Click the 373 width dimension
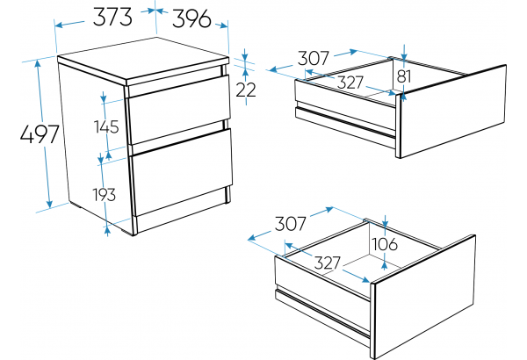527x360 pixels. coord(112,17)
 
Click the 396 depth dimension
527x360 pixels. coord(191,18)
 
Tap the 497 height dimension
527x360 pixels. coord(40,134)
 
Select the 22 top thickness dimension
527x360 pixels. coord(246,90)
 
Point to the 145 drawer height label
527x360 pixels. coord(106,127)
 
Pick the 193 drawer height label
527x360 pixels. coord(105,195)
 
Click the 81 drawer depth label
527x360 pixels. coord(404,76)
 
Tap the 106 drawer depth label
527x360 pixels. coord(385,244)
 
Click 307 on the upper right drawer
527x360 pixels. coord(313,58)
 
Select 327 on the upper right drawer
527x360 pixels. coord(350,83)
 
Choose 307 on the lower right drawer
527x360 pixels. coord(291,224)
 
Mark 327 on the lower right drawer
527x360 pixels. coord(328,263)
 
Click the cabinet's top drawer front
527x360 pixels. coord(179,109)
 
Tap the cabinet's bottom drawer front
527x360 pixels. coord(182,171)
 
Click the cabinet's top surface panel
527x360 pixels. coord(143,61)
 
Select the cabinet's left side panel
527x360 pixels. coord(97,148)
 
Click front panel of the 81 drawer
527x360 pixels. coord(453,112)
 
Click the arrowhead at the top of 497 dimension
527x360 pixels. coord(38,63)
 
